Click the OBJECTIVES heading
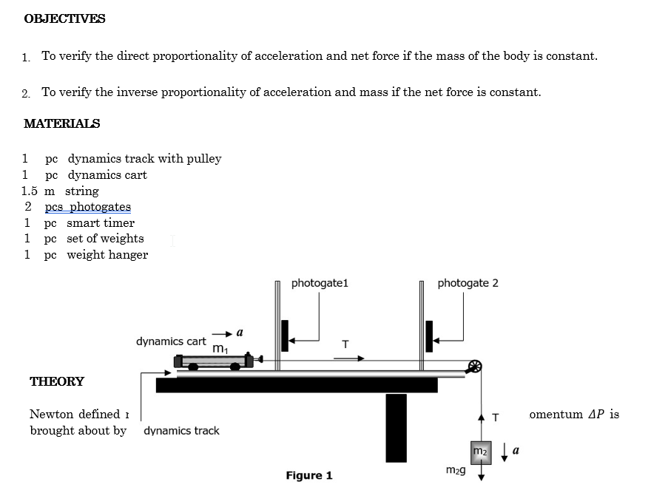tap(64, 19)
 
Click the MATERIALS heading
tap(61, 124)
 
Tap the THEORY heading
tap(57, 382)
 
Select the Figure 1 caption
tap(309, 476)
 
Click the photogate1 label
tap(320, 283)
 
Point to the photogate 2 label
tap(468, 283)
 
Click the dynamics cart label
tap(171, 341)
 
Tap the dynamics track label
tap(181, 431)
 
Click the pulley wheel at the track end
tap(475, 366)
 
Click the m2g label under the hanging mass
tap(455, 470)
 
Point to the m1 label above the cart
tap(220, 348)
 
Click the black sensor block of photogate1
tap(285, 336)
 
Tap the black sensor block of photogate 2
tap(429, 336)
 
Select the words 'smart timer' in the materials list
tap(101, 223)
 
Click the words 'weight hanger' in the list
tap(107, 255)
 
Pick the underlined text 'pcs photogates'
tap(88, 207)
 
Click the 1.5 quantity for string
tap(31, 191)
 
